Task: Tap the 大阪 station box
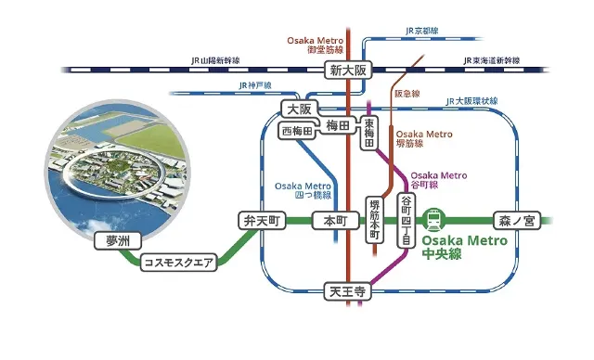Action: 296,109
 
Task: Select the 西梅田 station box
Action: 297,131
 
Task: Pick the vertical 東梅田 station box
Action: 368,134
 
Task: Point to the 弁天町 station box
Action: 259,222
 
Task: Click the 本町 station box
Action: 334,222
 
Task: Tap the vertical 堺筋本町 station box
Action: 375,221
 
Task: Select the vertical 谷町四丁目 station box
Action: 405,220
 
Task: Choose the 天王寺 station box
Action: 348,291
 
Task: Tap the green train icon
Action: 433,221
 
